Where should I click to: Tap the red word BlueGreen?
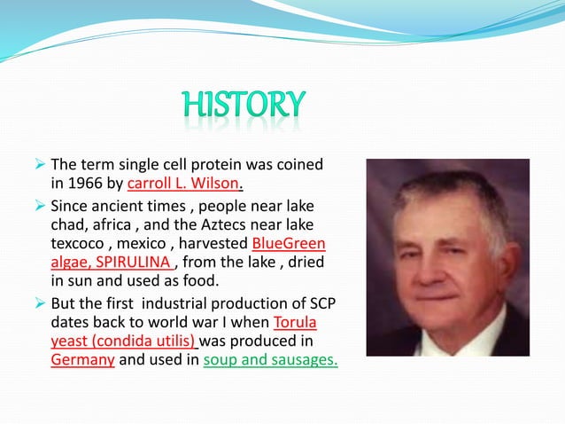pos(289,243)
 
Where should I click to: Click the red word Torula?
pos(296,322)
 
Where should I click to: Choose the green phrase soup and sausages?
pos(270,361)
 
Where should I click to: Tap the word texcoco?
pos(80,243)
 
